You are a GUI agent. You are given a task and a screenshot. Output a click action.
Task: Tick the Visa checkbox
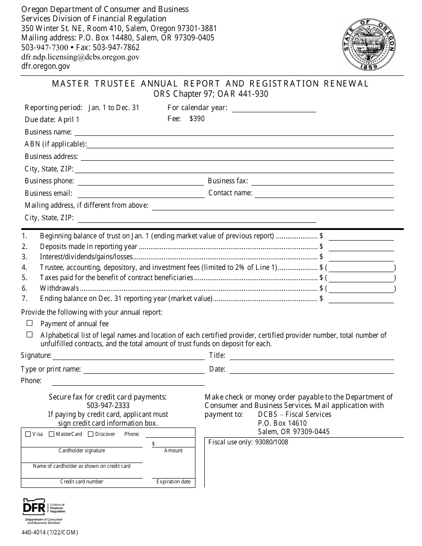click(x=28, y=434)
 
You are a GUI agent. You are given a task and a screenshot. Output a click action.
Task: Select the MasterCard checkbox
click(x=52, y=434)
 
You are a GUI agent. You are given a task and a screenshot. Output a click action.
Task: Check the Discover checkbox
click(x=91, y=434)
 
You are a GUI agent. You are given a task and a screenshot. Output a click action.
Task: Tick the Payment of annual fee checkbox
click(x=30, y=323)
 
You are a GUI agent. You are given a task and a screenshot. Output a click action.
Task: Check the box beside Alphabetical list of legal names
click(x=30, y=335)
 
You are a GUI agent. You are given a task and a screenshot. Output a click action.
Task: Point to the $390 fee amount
click(x=197, y=119)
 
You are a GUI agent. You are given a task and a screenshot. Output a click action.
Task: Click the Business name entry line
click(x=234, y=132)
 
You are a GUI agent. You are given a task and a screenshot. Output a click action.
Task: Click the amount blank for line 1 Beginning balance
click(x=361, y=237)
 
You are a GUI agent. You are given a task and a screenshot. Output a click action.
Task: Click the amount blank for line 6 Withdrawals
click(x=361, y=289)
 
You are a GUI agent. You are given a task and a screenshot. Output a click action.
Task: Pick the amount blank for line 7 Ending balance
click(x=361, y=299)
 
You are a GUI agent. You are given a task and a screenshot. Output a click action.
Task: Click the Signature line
click(x=128, y=356)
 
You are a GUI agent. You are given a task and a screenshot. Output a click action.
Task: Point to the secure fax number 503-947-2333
click(x=108, y=406)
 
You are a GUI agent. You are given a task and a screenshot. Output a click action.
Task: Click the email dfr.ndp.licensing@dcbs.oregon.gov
click(x=80, y=57)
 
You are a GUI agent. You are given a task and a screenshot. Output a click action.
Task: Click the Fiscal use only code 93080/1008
click(x=271, y=442)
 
